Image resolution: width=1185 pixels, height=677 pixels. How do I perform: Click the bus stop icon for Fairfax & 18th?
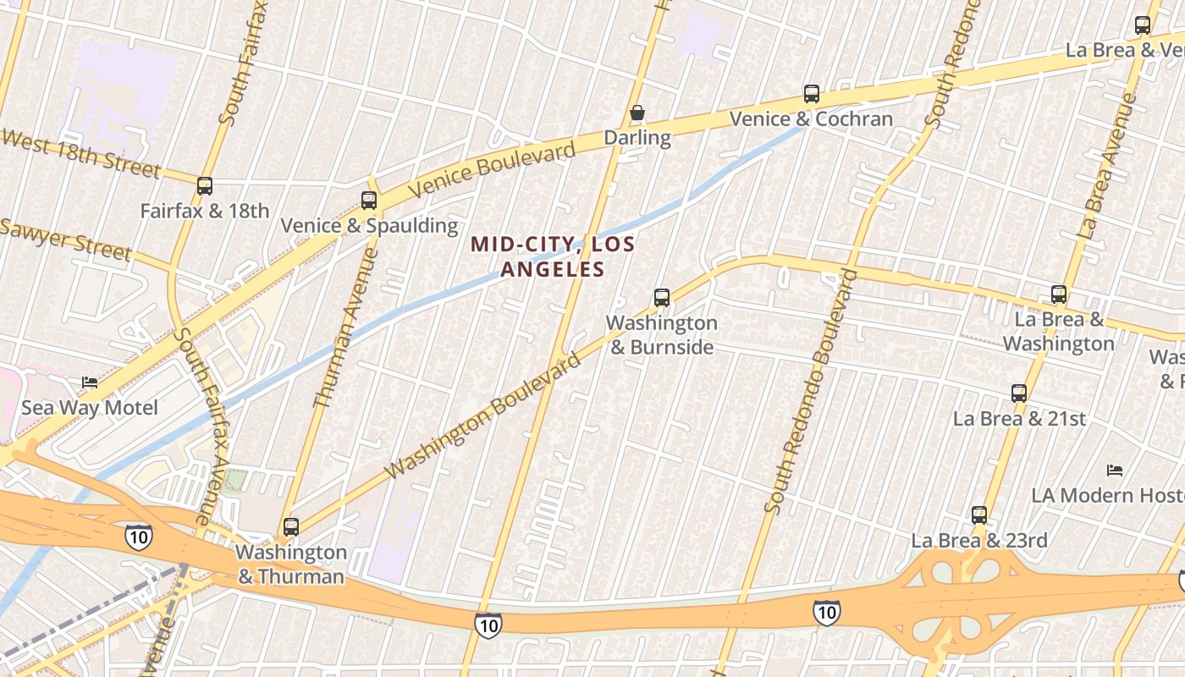[x=205, y=186]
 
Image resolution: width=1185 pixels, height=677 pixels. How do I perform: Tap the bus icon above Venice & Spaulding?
[x=369, y=201]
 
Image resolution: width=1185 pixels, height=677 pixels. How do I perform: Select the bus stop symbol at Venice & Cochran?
[x=812, y=94]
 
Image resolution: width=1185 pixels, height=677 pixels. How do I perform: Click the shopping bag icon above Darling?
[x=637, y=113]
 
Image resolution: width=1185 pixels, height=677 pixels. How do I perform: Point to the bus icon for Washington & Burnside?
[x=662, y=298]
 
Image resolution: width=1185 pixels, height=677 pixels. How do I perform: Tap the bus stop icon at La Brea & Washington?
[x=1059, y=294]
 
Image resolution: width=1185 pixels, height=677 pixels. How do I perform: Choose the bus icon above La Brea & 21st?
[x=1019, y=394]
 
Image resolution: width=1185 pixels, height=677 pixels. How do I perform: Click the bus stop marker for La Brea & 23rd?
[x=979, y=515]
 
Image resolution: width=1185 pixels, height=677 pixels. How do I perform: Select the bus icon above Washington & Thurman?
[x=291, y=527]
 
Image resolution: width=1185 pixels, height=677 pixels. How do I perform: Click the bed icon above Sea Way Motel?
[x=90, y=383]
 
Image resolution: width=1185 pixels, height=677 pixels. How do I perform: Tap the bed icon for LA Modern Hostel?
[x=1115, y=470]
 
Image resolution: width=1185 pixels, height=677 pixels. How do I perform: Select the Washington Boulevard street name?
[x=484, y=416]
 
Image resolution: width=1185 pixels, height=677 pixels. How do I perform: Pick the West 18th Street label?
[x=80, y=153]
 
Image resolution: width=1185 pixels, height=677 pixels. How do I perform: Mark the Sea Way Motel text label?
[x=90, y=408]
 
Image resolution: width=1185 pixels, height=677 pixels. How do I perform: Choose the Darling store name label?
[x=637, y=137]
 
